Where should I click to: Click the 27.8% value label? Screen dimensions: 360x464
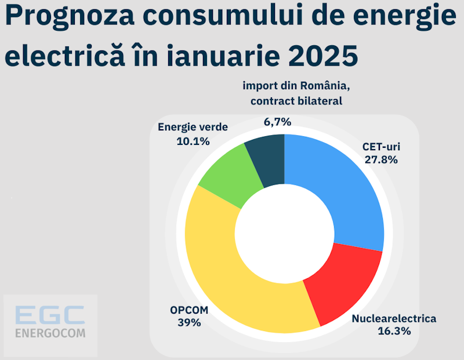click(x=381, y=159)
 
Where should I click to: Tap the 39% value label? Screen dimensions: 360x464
click(x=189, y=322)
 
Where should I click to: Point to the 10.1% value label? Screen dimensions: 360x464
click(x=193, y=141)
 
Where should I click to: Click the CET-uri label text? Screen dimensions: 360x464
click(x=381, y=147)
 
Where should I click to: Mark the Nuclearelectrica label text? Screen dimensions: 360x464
click(x=394, y=318)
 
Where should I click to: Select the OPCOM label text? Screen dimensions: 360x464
click(x=189, y=310)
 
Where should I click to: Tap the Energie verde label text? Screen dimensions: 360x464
click(x=193, y=128)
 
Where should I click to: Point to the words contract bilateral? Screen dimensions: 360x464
click(x=296, y=101)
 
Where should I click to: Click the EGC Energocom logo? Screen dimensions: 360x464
click(x=50, y=322)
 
